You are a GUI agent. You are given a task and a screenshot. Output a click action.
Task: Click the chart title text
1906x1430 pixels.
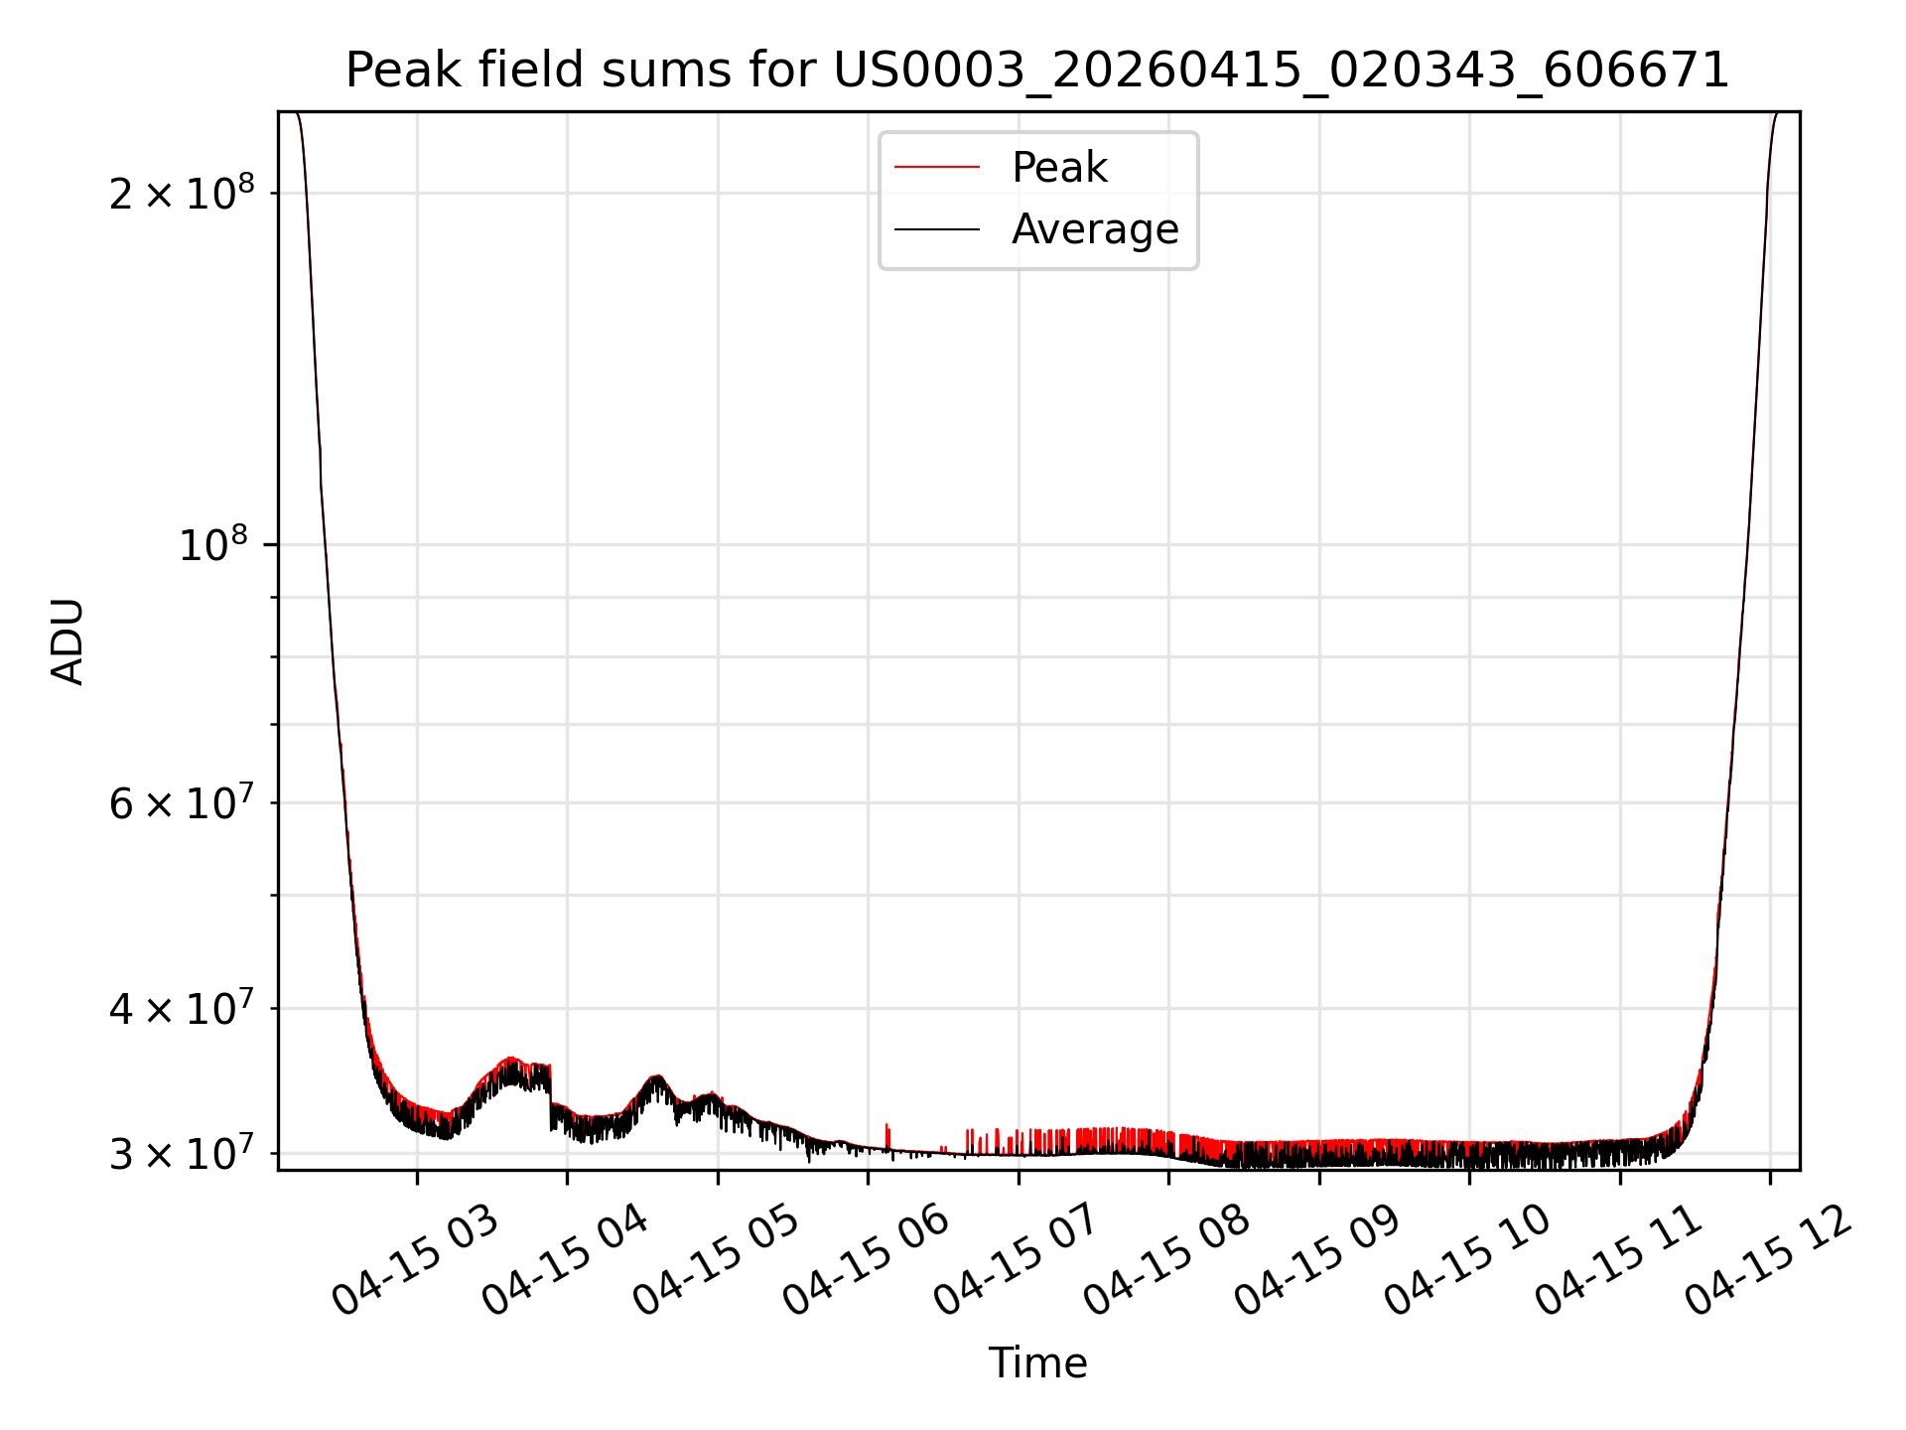tap(1037, 71)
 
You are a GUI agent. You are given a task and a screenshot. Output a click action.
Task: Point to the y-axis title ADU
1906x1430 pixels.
tap(68, 641)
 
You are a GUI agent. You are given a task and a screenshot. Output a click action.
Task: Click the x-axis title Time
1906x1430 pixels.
tap(1037, 1362)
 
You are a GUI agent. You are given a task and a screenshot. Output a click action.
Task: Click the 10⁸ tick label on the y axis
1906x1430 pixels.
tap(216, 543)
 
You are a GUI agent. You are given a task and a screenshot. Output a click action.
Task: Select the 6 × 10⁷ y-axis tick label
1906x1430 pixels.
tap(182, 801)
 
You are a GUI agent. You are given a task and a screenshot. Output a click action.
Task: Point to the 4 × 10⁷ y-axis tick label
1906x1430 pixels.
tap(182, 1008)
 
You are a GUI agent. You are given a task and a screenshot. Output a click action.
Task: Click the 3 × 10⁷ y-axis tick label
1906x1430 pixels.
tap(182, 1154)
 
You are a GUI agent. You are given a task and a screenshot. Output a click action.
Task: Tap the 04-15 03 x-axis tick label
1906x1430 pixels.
tap(415, 1261)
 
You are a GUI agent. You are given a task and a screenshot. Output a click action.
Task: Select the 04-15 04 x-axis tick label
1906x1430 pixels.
tap(566, 1261)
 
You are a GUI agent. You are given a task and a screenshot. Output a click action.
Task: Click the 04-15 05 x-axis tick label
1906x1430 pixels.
tap(717, 1261)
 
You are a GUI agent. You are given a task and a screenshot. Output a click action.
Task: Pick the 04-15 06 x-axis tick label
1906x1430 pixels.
tap(867, 1261)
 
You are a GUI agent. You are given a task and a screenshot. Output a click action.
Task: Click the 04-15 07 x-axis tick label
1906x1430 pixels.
tap(1018, 1261)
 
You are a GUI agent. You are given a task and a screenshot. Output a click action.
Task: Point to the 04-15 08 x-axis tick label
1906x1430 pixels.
tap(1167, 1261)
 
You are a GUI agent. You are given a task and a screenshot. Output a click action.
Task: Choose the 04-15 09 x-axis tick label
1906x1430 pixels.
tap(1318, 1261)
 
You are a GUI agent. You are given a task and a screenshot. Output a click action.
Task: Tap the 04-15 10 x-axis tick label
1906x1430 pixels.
tap(1468, 1261)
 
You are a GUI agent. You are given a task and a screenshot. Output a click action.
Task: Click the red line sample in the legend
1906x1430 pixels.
tap(937, 168)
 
